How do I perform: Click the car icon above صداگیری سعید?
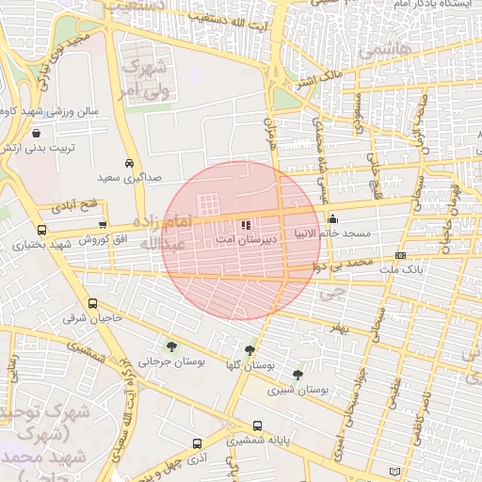pos(129,161)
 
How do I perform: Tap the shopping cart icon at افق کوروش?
pos(102,224)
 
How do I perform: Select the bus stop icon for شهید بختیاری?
pos(40,230)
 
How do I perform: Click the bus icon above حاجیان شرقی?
pos(92,303)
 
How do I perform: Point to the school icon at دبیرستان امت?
pos(247,226)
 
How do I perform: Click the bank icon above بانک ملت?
pos(401,255)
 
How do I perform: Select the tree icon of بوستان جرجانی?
pos(170,345)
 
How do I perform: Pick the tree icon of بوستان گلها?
pos(249,350)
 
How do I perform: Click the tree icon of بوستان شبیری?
pos(297,375)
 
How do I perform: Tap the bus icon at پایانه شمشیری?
pos(257,426)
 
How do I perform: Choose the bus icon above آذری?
pos(197,443)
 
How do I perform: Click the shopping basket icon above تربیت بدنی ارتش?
pos(36,134)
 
